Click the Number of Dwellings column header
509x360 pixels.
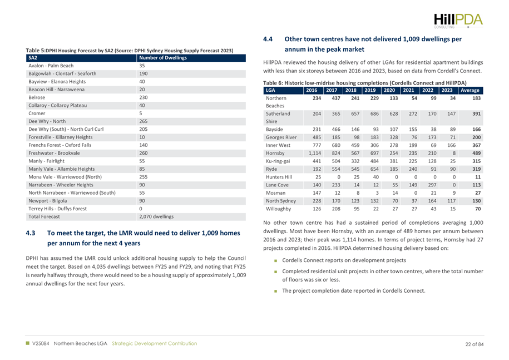click(x=162, y=58)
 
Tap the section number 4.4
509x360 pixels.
click(x=269, y=40)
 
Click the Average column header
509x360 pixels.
click(x=470, y=90)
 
